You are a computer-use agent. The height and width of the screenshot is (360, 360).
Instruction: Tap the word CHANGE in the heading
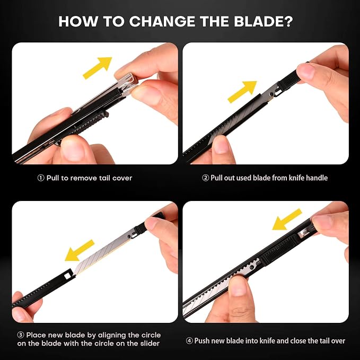(x=163, y=21)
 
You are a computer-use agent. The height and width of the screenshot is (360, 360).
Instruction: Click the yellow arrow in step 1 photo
(x=98, y=68)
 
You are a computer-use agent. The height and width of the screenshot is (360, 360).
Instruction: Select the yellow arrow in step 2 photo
(x=242, y=92)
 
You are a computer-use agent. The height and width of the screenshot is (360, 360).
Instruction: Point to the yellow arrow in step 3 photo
(x=80, y=251)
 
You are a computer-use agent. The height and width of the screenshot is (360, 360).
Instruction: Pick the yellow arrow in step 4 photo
(x=287, y=219)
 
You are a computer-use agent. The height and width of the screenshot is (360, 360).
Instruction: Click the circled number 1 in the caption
(x=41, y=178)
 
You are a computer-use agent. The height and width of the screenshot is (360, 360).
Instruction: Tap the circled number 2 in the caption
(x=206, y=178)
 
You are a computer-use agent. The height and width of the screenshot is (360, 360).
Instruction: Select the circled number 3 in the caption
(x=21, y=335)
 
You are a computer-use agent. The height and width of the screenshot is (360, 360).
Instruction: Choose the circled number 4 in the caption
(x=189, y=341)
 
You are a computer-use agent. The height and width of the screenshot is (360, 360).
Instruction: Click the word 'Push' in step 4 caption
(x=202, y=341)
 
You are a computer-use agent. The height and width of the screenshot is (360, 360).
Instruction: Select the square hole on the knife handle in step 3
(x=68, y=276)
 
